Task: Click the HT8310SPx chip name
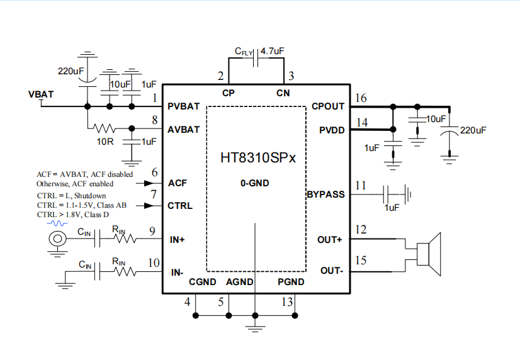click(257, 157)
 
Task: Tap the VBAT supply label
click(41, 94)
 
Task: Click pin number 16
click(361, 98)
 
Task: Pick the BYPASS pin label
click(325, 194)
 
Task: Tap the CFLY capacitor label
click(244, 52)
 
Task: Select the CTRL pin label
click(180, 206)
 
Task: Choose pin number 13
click(287, 302)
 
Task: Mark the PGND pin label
click(291, 282)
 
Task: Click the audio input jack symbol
click(58, 239)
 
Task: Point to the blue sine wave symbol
click(60, 223)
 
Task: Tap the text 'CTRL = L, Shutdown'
click(70, 196)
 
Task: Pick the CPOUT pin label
click(328, 106)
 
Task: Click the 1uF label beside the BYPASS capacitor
click(392, 208)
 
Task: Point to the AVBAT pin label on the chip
click(184, 130)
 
